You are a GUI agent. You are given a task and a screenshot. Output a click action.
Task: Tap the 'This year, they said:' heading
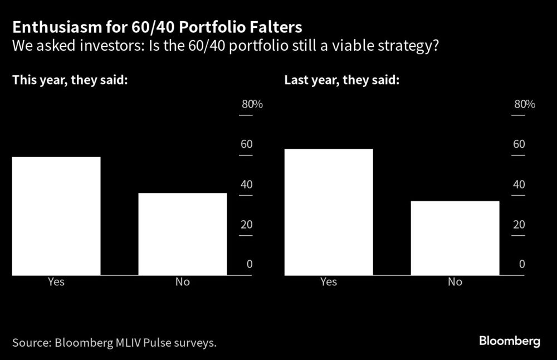point(71,80)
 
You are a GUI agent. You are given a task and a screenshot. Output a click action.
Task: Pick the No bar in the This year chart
point(183,234)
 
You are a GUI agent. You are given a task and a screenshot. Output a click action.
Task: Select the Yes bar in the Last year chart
point(329,212)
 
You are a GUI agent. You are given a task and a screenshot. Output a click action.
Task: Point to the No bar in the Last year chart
point(455,238)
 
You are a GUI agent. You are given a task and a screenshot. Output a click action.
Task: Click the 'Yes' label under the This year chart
point(56,282)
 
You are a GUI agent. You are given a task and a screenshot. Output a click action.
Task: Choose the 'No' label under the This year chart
point(183,282)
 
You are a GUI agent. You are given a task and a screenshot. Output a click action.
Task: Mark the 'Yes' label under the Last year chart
point(329,282)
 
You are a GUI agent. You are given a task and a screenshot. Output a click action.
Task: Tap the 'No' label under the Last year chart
point(455,282)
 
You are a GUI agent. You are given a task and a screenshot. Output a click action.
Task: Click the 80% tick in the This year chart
point(251,104)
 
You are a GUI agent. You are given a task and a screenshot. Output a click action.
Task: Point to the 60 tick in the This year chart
point(246,144)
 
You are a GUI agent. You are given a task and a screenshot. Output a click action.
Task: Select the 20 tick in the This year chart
point(246,225)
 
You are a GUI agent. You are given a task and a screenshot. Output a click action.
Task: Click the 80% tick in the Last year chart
point(524,104)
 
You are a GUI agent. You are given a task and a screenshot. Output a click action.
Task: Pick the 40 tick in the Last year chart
point(519,184)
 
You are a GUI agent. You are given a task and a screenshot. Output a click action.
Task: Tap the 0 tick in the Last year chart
point(522,264)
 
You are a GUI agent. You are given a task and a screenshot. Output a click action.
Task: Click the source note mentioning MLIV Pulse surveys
point(114,342)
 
